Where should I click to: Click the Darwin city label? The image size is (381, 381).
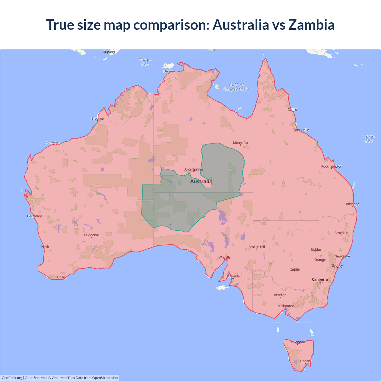point(169,71)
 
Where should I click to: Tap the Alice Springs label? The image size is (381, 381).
point(194,169)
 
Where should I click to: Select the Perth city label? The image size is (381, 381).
point(45,247)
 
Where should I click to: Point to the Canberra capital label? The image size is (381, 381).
point(320,279)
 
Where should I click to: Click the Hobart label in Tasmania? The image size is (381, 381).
point(305,361)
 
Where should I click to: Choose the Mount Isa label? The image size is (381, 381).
point(241,143)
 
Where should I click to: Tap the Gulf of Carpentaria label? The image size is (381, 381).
point(236,87)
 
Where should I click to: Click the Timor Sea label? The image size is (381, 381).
point(145,62)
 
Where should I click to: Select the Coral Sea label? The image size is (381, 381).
point(369,139)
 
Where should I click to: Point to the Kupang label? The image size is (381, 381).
point(109,52)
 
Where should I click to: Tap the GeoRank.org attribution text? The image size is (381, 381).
point(12,378)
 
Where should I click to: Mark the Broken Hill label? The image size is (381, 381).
point(257,247)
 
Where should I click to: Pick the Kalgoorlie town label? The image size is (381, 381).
point(91,235)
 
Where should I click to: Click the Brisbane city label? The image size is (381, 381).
point(352,204)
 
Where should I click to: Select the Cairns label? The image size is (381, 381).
point(292,110)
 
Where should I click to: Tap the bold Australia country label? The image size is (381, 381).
point(201,182)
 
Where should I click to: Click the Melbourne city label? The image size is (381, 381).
point(286,306)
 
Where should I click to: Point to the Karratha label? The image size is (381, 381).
point(53,143)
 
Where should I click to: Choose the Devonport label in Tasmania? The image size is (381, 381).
point(297,342)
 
